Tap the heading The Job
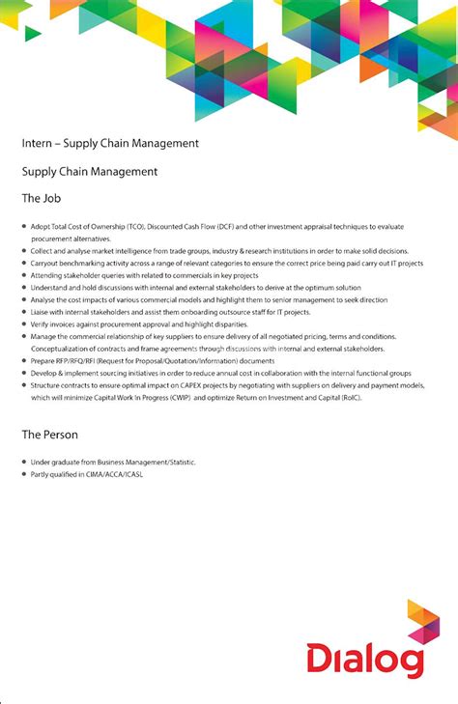(x=42, y=198)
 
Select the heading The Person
(x=50, y=435)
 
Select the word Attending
(x=48, y=275)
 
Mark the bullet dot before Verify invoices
(x=23, y=324)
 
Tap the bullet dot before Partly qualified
(x=23, y=474)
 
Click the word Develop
(x=46, y=372)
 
